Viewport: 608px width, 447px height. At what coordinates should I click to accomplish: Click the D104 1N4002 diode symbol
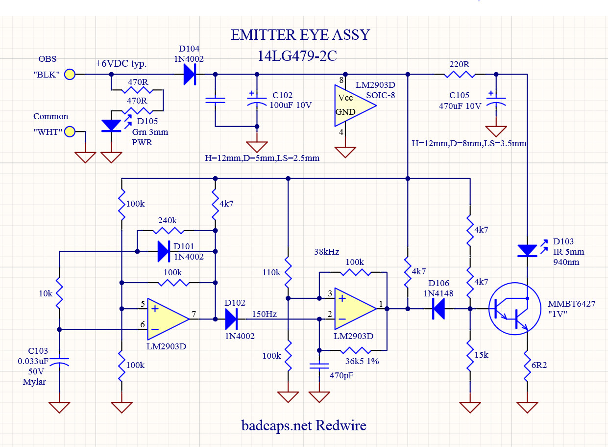(x=190, y=75)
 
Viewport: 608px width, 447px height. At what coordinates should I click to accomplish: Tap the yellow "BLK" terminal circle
(x=70, y=75)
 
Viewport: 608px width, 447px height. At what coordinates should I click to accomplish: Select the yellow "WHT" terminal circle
(x=70, y=131)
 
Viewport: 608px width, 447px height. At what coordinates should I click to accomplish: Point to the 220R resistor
(x=459, y=75)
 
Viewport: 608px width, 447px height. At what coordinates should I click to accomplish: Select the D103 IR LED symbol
(x=527, y=251)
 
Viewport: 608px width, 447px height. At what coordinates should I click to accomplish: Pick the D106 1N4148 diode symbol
(x=438, y=309)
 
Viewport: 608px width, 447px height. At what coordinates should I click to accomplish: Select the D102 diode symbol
(x=231, y=319)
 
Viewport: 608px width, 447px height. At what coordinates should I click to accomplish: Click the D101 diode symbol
(x=164, y=252)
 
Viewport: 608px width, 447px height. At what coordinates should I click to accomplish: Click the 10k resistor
(x=59, y=293)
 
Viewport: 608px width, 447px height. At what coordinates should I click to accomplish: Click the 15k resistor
(x=470, y=355)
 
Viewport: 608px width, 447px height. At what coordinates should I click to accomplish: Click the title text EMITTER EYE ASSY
(x=300, y=35)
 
